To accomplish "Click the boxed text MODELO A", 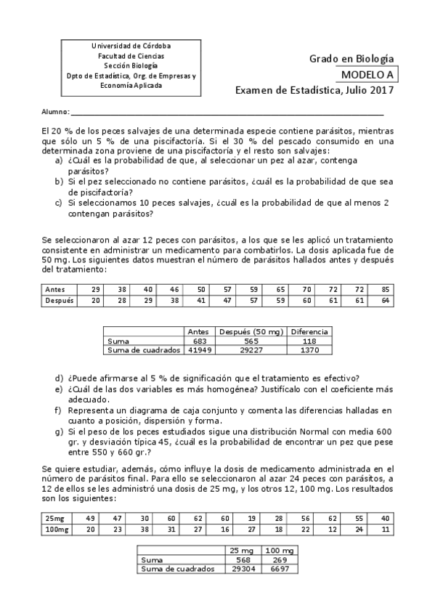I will click(x=368, y=74).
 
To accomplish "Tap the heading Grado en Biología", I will click(x=351, y=58).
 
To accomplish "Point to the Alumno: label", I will click(x=55, y=112).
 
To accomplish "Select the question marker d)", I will click(x=59, y=378).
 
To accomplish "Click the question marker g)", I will click(x=59, y=431).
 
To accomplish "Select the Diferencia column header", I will click(x=309, y=331).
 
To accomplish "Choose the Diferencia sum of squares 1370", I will click(x=309, y=349).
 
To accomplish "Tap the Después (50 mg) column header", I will click(x=251, y=331).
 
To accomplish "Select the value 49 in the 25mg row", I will click(x=91, y=519).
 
